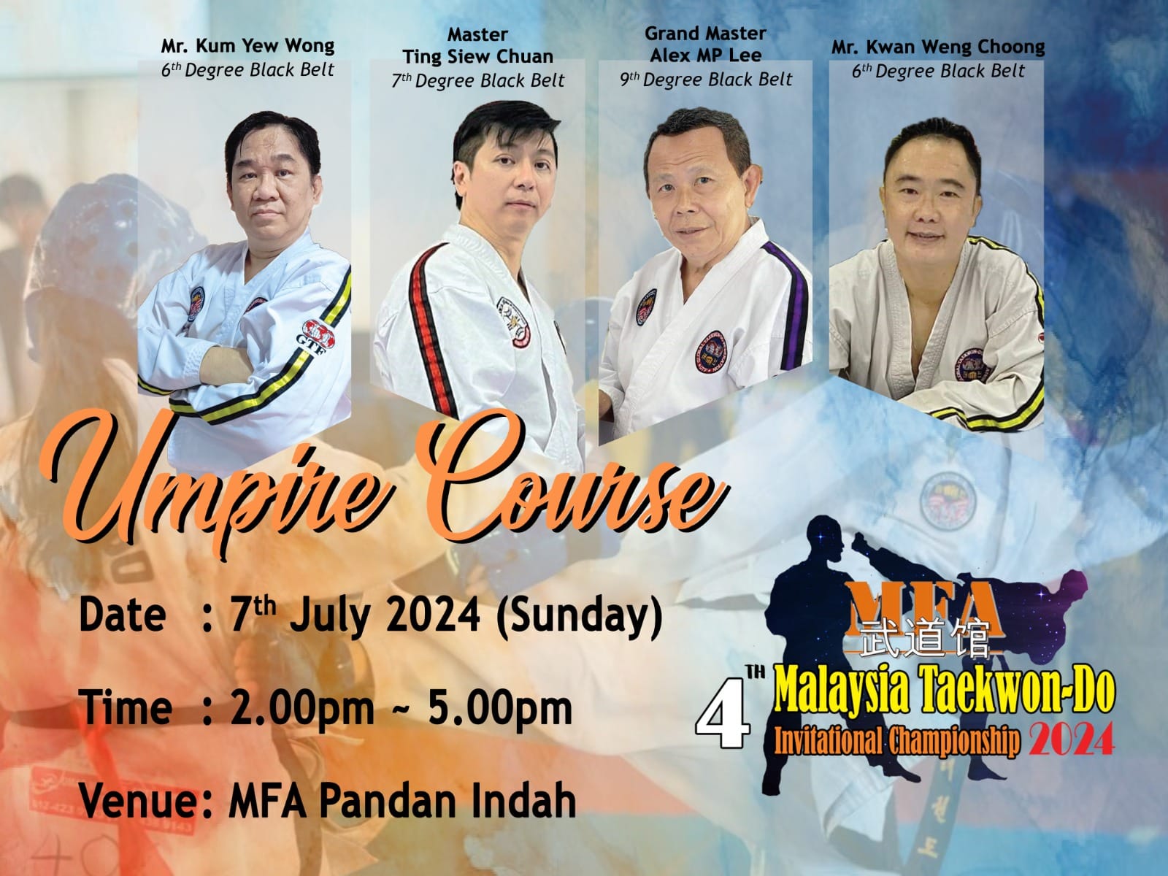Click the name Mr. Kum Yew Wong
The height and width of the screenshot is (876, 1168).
coord(248,46)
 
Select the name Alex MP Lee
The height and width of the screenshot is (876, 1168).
coord(706,55)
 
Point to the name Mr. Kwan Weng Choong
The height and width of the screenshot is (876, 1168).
coord(938,48)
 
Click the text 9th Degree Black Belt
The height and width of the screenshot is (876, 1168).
coord(706,80)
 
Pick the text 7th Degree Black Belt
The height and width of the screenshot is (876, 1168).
coord(478,81)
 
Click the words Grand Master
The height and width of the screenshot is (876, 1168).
coord(706,34)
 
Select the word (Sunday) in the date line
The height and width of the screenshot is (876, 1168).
coord(579,617)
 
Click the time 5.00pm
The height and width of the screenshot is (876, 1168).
coord(500,709)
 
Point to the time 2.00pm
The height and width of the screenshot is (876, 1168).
coord(301,709)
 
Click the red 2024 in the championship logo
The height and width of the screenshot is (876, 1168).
coord(1071,739)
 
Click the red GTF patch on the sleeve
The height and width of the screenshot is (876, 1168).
coord(319,336)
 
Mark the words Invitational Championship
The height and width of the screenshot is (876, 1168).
coord(897,739)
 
